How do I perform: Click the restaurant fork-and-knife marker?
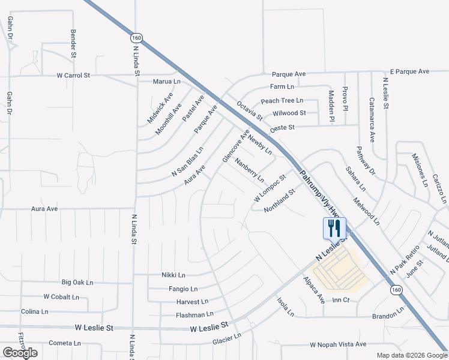(334, 228)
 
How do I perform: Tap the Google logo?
(20, 353)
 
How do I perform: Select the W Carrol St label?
(73, 76)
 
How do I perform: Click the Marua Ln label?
(167, 81)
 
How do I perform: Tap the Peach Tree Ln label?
(282, 101)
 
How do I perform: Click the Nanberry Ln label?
(250, 170)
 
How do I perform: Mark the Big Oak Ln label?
(77, 282)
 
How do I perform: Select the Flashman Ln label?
(194, 314)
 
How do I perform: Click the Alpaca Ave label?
(313, 290)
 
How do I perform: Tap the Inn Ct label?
(340, 300)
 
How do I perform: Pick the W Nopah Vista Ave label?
(338, 344)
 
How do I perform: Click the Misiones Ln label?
(419, 170)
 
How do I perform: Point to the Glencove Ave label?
(235, 146)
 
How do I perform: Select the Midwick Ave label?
(160, 109)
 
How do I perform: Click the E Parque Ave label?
(409, 71)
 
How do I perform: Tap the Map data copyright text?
(411, 355)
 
